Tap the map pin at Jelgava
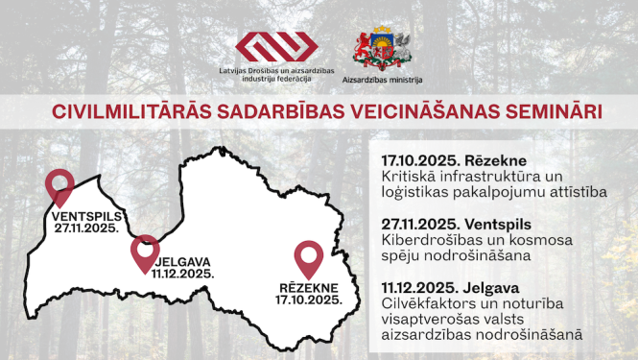(144, 250)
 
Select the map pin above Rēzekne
(308, 254)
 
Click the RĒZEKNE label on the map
(309, 287)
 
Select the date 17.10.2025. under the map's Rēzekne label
(309, 300)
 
